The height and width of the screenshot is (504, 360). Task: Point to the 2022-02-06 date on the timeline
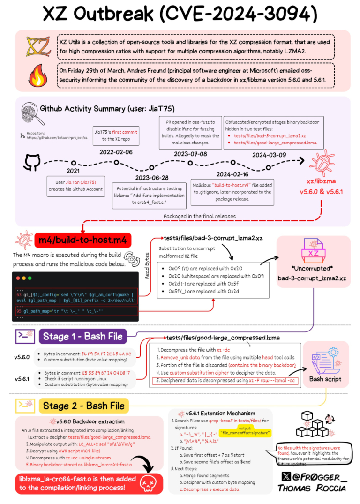coord(116,152)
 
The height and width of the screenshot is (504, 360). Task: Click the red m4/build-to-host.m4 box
coord(82,241)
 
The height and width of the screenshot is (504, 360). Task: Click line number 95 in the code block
coord(19,310)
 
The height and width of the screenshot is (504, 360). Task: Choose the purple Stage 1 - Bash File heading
coord(82,336)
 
